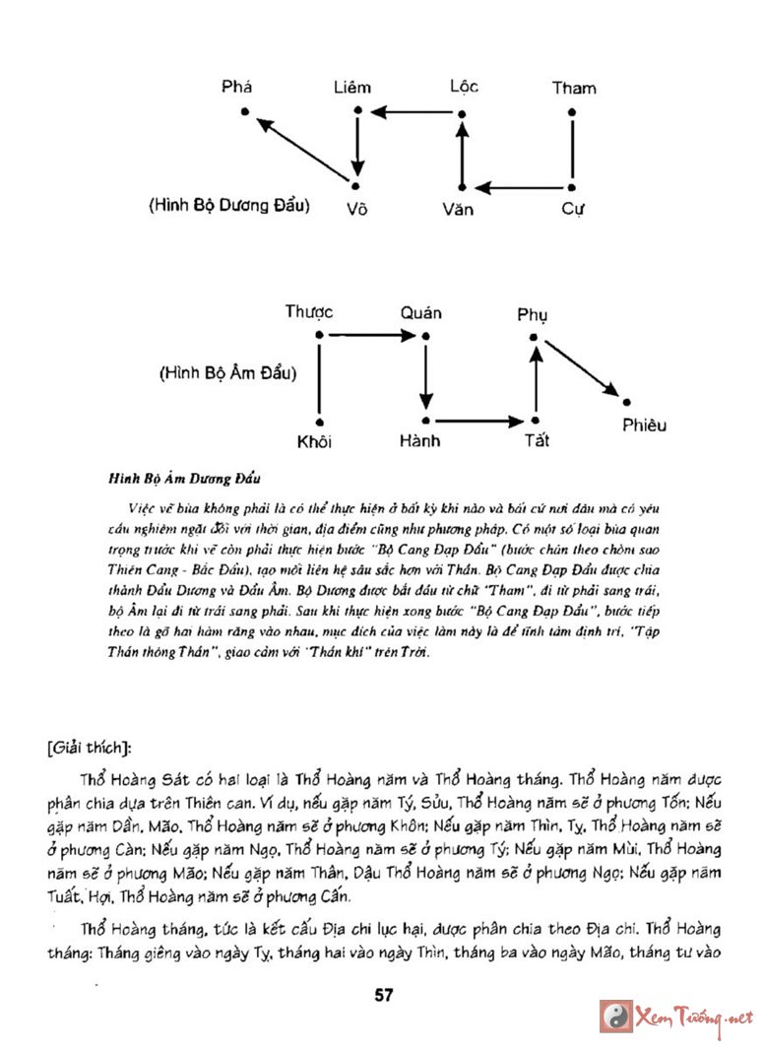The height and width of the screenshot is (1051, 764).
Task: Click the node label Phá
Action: (237, 87)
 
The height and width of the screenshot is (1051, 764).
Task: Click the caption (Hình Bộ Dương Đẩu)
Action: (230, 207)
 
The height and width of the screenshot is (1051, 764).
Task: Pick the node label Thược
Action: (309, 312)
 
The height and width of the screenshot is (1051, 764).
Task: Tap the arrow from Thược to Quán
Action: (372, 336)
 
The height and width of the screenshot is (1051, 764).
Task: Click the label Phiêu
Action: (644, 426)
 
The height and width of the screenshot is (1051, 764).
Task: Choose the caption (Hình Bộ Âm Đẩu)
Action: (228, 374)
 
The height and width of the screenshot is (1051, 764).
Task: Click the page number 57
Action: (383, 995)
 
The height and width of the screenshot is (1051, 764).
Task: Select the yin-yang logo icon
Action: (615, 1017)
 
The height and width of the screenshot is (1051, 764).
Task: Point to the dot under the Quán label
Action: (425, 336)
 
